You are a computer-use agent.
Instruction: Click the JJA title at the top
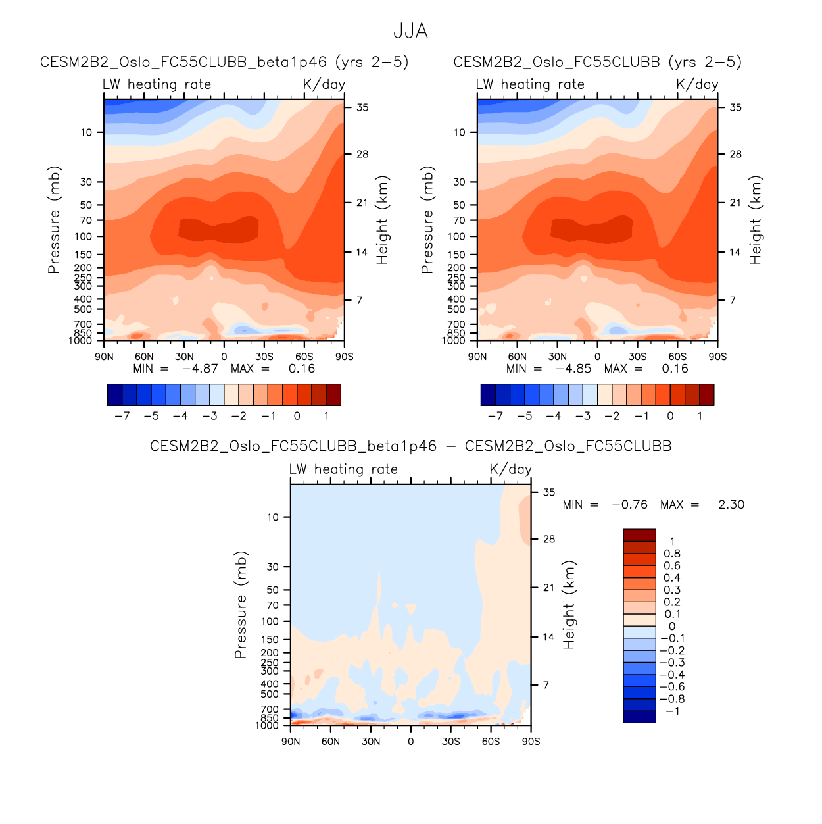[x=410, y=31]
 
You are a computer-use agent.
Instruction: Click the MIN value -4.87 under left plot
[x=199, y=369]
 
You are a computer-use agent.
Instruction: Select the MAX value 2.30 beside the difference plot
[x=731, y=505]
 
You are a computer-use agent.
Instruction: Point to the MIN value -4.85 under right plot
[x=573, y=369]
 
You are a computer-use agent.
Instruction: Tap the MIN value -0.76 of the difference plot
[x=629, y=505]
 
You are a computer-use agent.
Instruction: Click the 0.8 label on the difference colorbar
[x=671, y=554]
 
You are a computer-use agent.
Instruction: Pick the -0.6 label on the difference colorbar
[x=671, y=687]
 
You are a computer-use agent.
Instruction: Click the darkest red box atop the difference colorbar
[x=639, y=535]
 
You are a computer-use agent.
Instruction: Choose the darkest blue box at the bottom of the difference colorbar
[x=639, y=717]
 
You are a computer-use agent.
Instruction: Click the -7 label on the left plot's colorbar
[x=122, y=416]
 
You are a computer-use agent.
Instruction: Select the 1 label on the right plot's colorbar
[x=700, y=416]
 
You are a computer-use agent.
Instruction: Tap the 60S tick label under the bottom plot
[x=491, y=742]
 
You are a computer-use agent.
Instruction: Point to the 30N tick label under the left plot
[x=184, y=357]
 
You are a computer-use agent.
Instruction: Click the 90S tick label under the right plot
[x=717, y=357]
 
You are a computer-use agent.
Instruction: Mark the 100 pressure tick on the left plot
[x=86, y=236]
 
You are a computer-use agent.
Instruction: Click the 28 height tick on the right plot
[x=735, y=154]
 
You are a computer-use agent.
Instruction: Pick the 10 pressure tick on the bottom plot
[x=273, y=517]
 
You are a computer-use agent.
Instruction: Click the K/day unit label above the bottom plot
[x=510, y=469]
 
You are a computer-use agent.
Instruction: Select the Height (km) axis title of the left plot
[x=383, y=220]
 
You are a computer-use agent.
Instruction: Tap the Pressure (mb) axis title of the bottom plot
[x=241, y=605]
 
